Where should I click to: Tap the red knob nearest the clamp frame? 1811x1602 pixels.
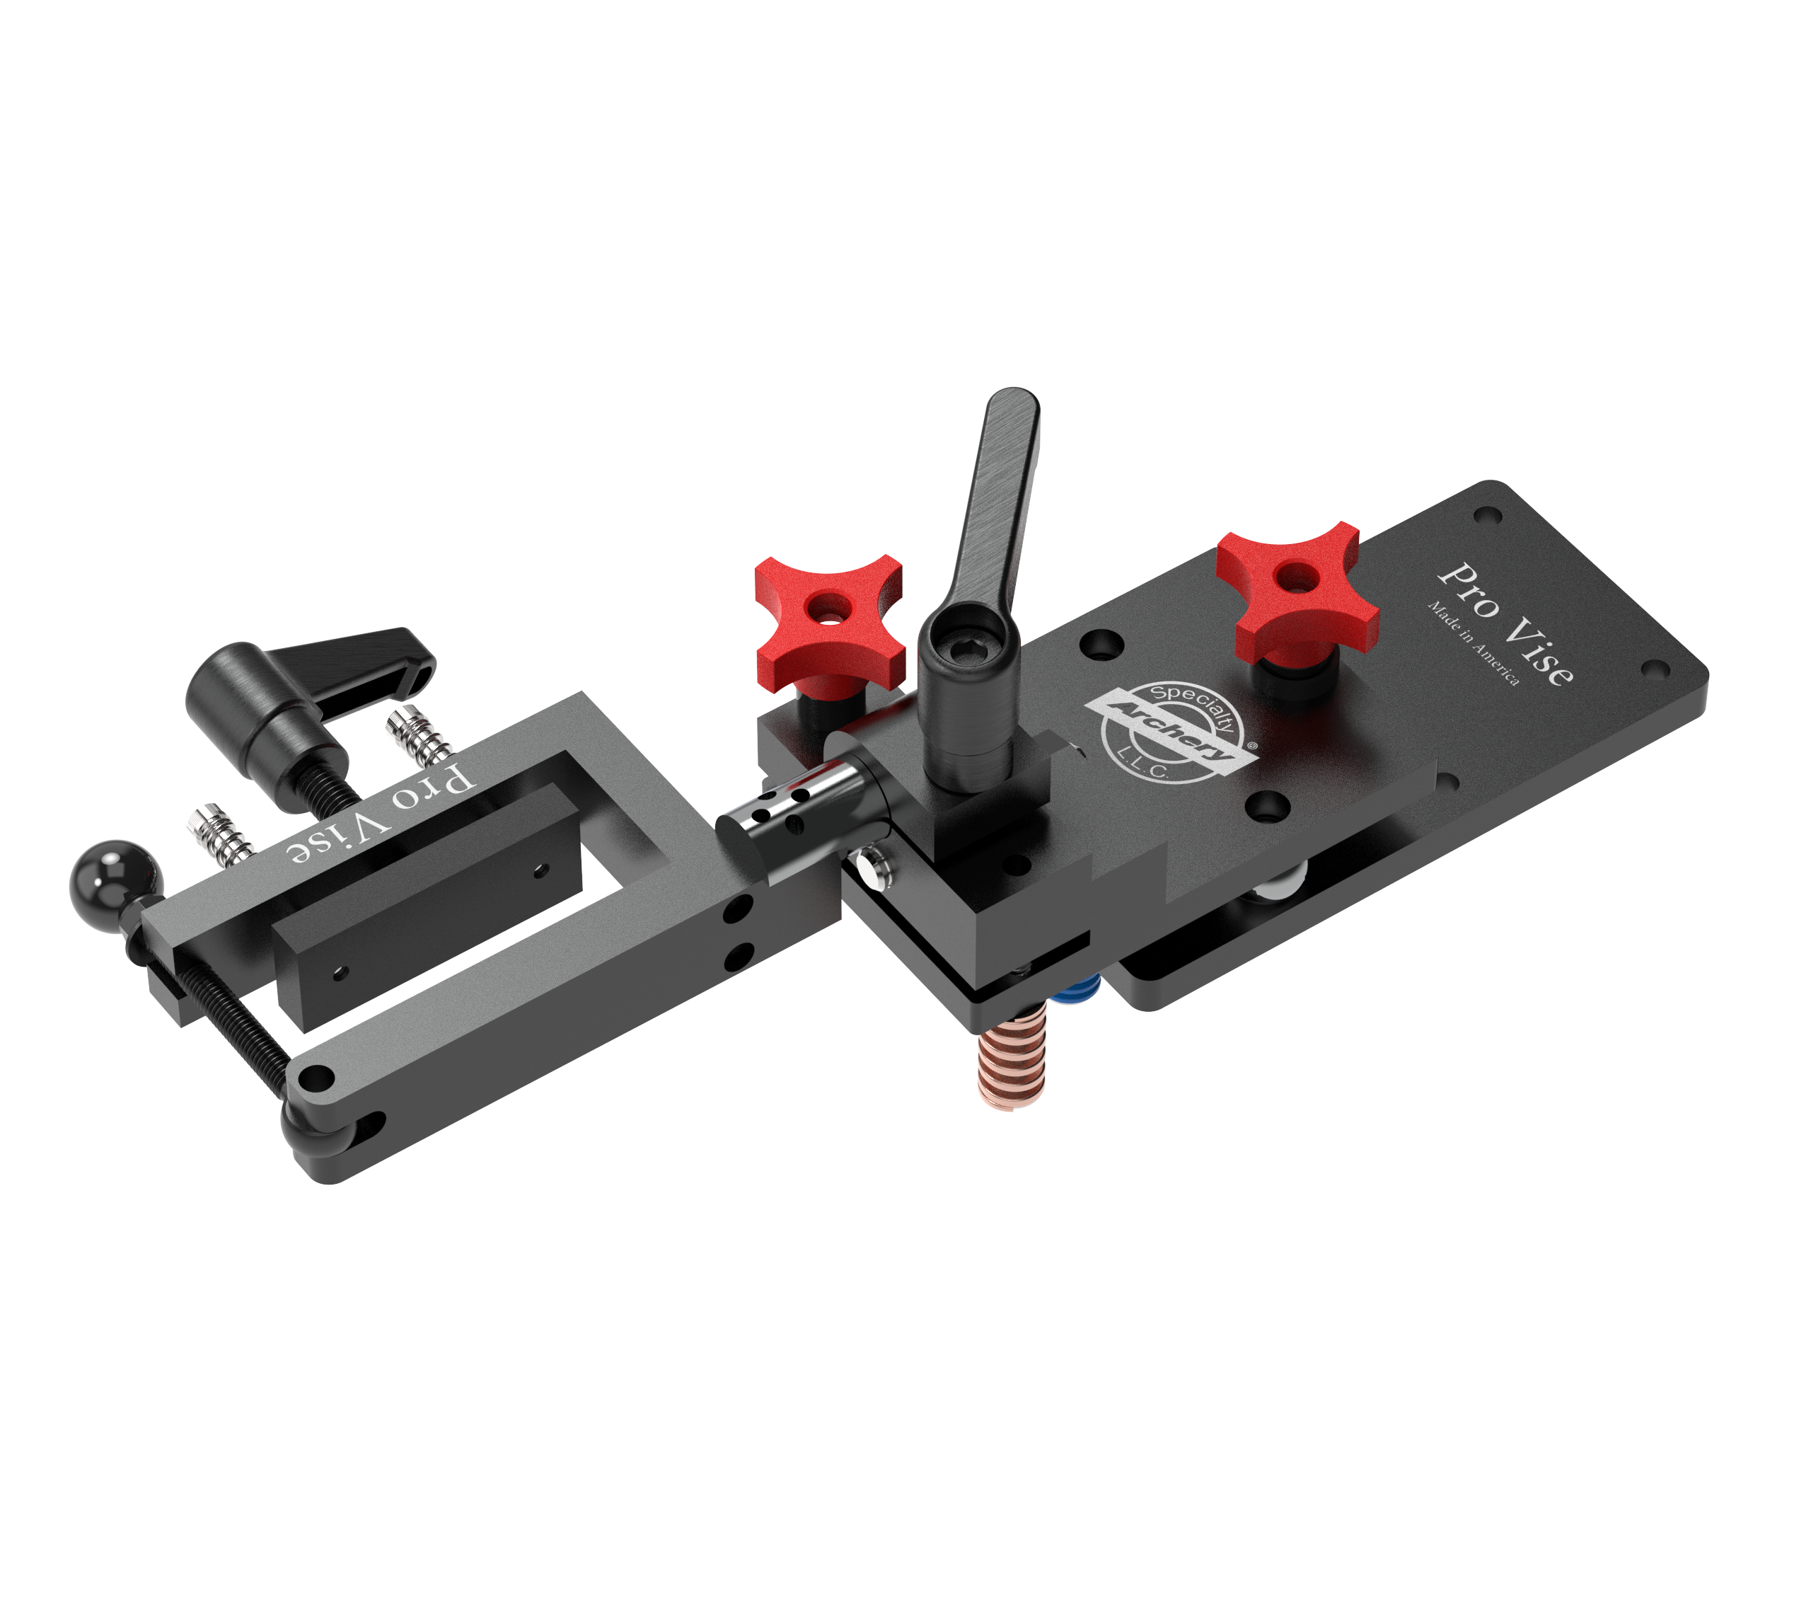click(x=829, y=621)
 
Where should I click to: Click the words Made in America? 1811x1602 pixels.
click(x=1473, y=642)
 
